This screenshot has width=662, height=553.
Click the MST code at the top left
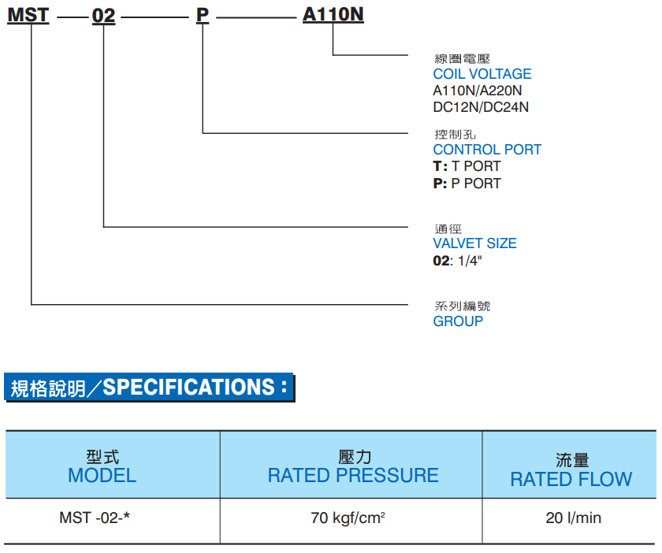click(x=28, y=15)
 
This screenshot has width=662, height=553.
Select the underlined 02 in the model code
click(x=104, y=15)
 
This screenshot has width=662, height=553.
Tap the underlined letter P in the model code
click(x=203, y=15)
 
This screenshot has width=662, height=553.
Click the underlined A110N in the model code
click(x=333, y=15)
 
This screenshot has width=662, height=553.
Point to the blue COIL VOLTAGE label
click(x=482, y=74)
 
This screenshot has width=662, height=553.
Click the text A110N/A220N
click(x=477, y=91)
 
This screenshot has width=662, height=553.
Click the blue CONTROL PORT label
click(x=487, y=150)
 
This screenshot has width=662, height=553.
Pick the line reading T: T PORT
click(x=467, y=166)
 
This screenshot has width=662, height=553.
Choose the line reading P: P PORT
click(x=467, y=184)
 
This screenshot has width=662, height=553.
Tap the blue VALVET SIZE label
click(x=474, y=243)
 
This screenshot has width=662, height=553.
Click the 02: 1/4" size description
click(x=457, y=261)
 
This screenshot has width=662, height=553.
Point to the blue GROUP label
click(x=458, y=321)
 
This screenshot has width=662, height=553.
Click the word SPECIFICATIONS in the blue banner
click(x=189, y=388)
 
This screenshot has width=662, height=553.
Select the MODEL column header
click(x=102, y=475)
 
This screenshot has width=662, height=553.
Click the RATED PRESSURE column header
click(x=353, y=475)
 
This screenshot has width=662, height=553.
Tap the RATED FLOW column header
click(x=571, y=479)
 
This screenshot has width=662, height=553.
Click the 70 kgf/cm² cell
click(x=348, y=518)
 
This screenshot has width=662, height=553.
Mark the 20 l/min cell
click(x=573, y=518)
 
